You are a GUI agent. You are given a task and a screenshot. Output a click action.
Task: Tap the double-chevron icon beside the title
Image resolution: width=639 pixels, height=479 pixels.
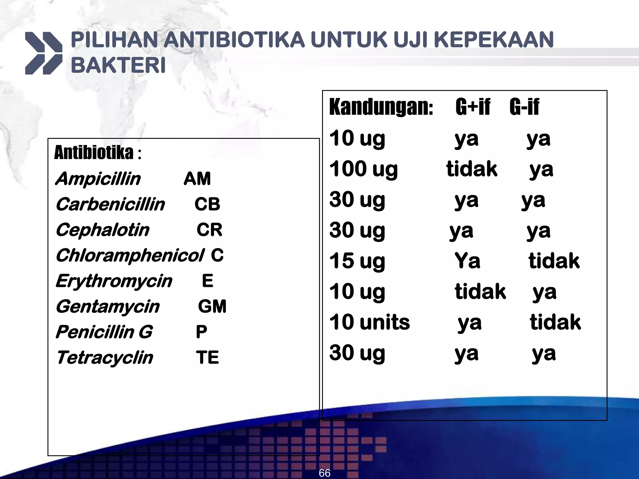43,53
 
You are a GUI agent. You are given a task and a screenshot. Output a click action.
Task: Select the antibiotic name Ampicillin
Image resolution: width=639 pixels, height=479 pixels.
98,179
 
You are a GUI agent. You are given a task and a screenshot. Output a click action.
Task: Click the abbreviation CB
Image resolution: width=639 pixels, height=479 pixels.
207,204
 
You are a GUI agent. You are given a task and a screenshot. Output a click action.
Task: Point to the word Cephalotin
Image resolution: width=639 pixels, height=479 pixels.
103,230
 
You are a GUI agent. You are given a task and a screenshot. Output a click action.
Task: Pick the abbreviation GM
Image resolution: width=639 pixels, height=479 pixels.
212,306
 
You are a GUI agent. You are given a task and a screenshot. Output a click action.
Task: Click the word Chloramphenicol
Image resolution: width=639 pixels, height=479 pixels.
130,255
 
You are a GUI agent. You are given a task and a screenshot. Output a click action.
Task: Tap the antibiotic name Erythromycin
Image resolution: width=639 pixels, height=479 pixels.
114,281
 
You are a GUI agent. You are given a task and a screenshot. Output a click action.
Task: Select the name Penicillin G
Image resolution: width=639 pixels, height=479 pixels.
104,332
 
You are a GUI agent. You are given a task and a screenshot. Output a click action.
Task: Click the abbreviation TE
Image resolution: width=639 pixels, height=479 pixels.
207,357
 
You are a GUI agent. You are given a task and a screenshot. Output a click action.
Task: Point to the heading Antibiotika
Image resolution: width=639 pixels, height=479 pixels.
94,153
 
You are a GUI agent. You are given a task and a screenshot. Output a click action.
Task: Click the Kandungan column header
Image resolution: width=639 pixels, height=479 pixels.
381,107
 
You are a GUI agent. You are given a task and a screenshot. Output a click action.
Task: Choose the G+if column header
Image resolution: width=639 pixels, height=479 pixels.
473,107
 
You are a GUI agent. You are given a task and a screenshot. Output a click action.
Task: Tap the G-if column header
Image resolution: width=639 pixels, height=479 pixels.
524,107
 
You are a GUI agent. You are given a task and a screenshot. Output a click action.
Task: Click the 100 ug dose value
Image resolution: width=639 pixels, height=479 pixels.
363,169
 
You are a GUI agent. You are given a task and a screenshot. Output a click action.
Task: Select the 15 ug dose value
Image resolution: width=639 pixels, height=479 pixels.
357,261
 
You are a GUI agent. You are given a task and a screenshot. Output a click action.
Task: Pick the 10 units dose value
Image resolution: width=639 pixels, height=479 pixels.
369,322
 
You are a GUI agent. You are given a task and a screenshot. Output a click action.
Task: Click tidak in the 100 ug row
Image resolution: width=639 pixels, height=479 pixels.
471,169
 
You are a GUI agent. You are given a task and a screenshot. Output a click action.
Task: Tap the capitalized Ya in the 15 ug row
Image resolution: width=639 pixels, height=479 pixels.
467,261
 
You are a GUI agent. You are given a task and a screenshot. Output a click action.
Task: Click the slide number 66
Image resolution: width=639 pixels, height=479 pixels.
324,473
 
